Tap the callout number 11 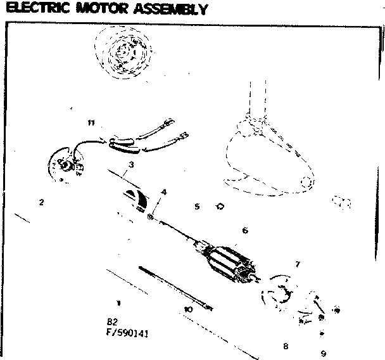pyautogui.click(x=91, y=122)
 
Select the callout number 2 pyautogui.click(x=41, y=203)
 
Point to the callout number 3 pyautogui.click(x=130, y=165)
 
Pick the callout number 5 pyautogui.click(x=197, y=207)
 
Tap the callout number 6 pyautogui.click(x=244, y=231)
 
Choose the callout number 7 pyautogui.click(x=298, y=264)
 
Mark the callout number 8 pyautogui.click(x=286, y=346)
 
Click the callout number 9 pyautogui.click(x=323, y=353)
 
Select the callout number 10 pyautogui.click(x=187, y=309)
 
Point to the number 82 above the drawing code pyautogui.click(x=113, y=321)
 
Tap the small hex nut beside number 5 pyautogui.click(x=220, y=206)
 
